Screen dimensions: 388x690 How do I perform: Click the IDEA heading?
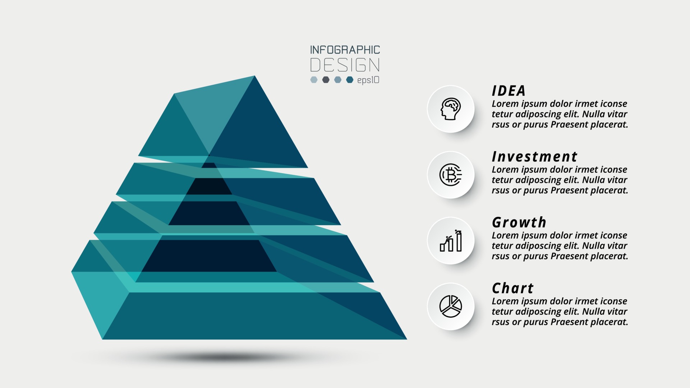coord(509,91)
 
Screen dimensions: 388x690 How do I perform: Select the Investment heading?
coord(534,157)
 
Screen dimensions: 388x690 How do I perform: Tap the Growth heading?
coord(519,223)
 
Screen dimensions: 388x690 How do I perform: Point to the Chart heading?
coord(512,288)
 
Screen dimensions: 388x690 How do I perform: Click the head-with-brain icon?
coord(451,109)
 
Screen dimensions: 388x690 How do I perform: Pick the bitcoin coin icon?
coord(451,175)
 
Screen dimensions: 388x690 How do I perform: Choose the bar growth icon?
coord(451,241)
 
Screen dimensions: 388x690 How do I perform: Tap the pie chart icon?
coord(451,306)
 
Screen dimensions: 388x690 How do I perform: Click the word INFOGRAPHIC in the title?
coord(345,50)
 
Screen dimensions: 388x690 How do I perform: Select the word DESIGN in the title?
coord(345,65)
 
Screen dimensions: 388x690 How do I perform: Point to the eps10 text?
coord(368,80)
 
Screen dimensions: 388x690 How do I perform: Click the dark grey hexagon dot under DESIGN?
coord(326,80)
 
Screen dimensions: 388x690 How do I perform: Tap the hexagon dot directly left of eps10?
coord(350,80)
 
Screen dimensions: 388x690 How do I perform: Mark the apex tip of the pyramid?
coord(254,77)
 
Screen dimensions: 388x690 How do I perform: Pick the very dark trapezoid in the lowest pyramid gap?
coord(209,256)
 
